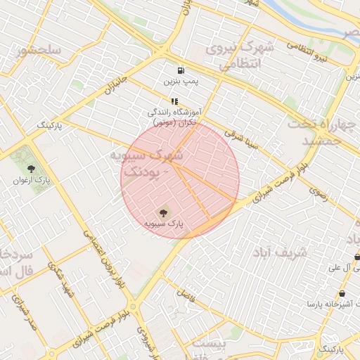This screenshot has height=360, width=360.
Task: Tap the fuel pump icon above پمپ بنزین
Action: (x=181, y=70)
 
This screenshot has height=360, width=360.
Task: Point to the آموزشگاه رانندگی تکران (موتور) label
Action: (x=174, y=117)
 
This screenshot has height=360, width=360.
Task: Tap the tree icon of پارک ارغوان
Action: (x=31, y=168)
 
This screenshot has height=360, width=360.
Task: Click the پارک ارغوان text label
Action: (x=31, y=180)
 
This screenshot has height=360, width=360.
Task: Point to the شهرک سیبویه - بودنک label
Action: (x=146, y=162)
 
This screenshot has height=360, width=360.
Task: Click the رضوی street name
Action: (x=318, y=194)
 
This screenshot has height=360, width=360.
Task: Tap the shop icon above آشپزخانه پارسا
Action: (x=342, y=292)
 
